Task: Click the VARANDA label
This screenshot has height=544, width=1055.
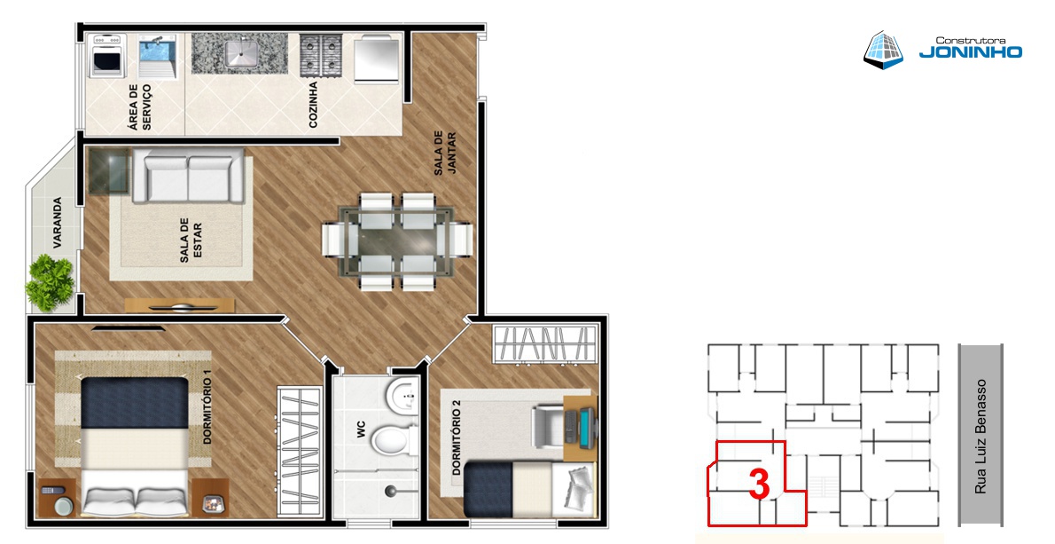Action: coord(58,222)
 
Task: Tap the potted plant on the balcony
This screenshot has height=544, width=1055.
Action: coord(50,282)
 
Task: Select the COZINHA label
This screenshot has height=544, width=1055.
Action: coord(313,105)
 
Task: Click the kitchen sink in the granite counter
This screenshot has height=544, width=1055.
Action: coord(239,53)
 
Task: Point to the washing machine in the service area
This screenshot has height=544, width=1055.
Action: coord(107,55)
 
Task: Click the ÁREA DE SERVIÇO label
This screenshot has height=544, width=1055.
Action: coord(140,107)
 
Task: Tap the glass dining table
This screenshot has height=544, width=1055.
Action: coord(397,241)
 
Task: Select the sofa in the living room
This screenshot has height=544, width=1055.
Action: coord(188,176)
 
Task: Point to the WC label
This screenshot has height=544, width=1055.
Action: coord(362,430)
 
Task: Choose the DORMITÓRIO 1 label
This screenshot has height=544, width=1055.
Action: coord(207,411)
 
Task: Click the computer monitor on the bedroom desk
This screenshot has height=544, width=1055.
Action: coord(588,429)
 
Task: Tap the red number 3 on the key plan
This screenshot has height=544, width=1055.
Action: coord(759,484)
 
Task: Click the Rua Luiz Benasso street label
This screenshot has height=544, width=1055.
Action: coord(981,437)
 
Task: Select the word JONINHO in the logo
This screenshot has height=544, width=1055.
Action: coord(970,51)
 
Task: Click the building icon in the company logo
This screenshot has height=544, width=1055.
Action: coord(883,49)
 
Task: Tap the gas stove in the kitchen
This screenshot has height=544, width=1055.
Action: coord(320,54)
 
